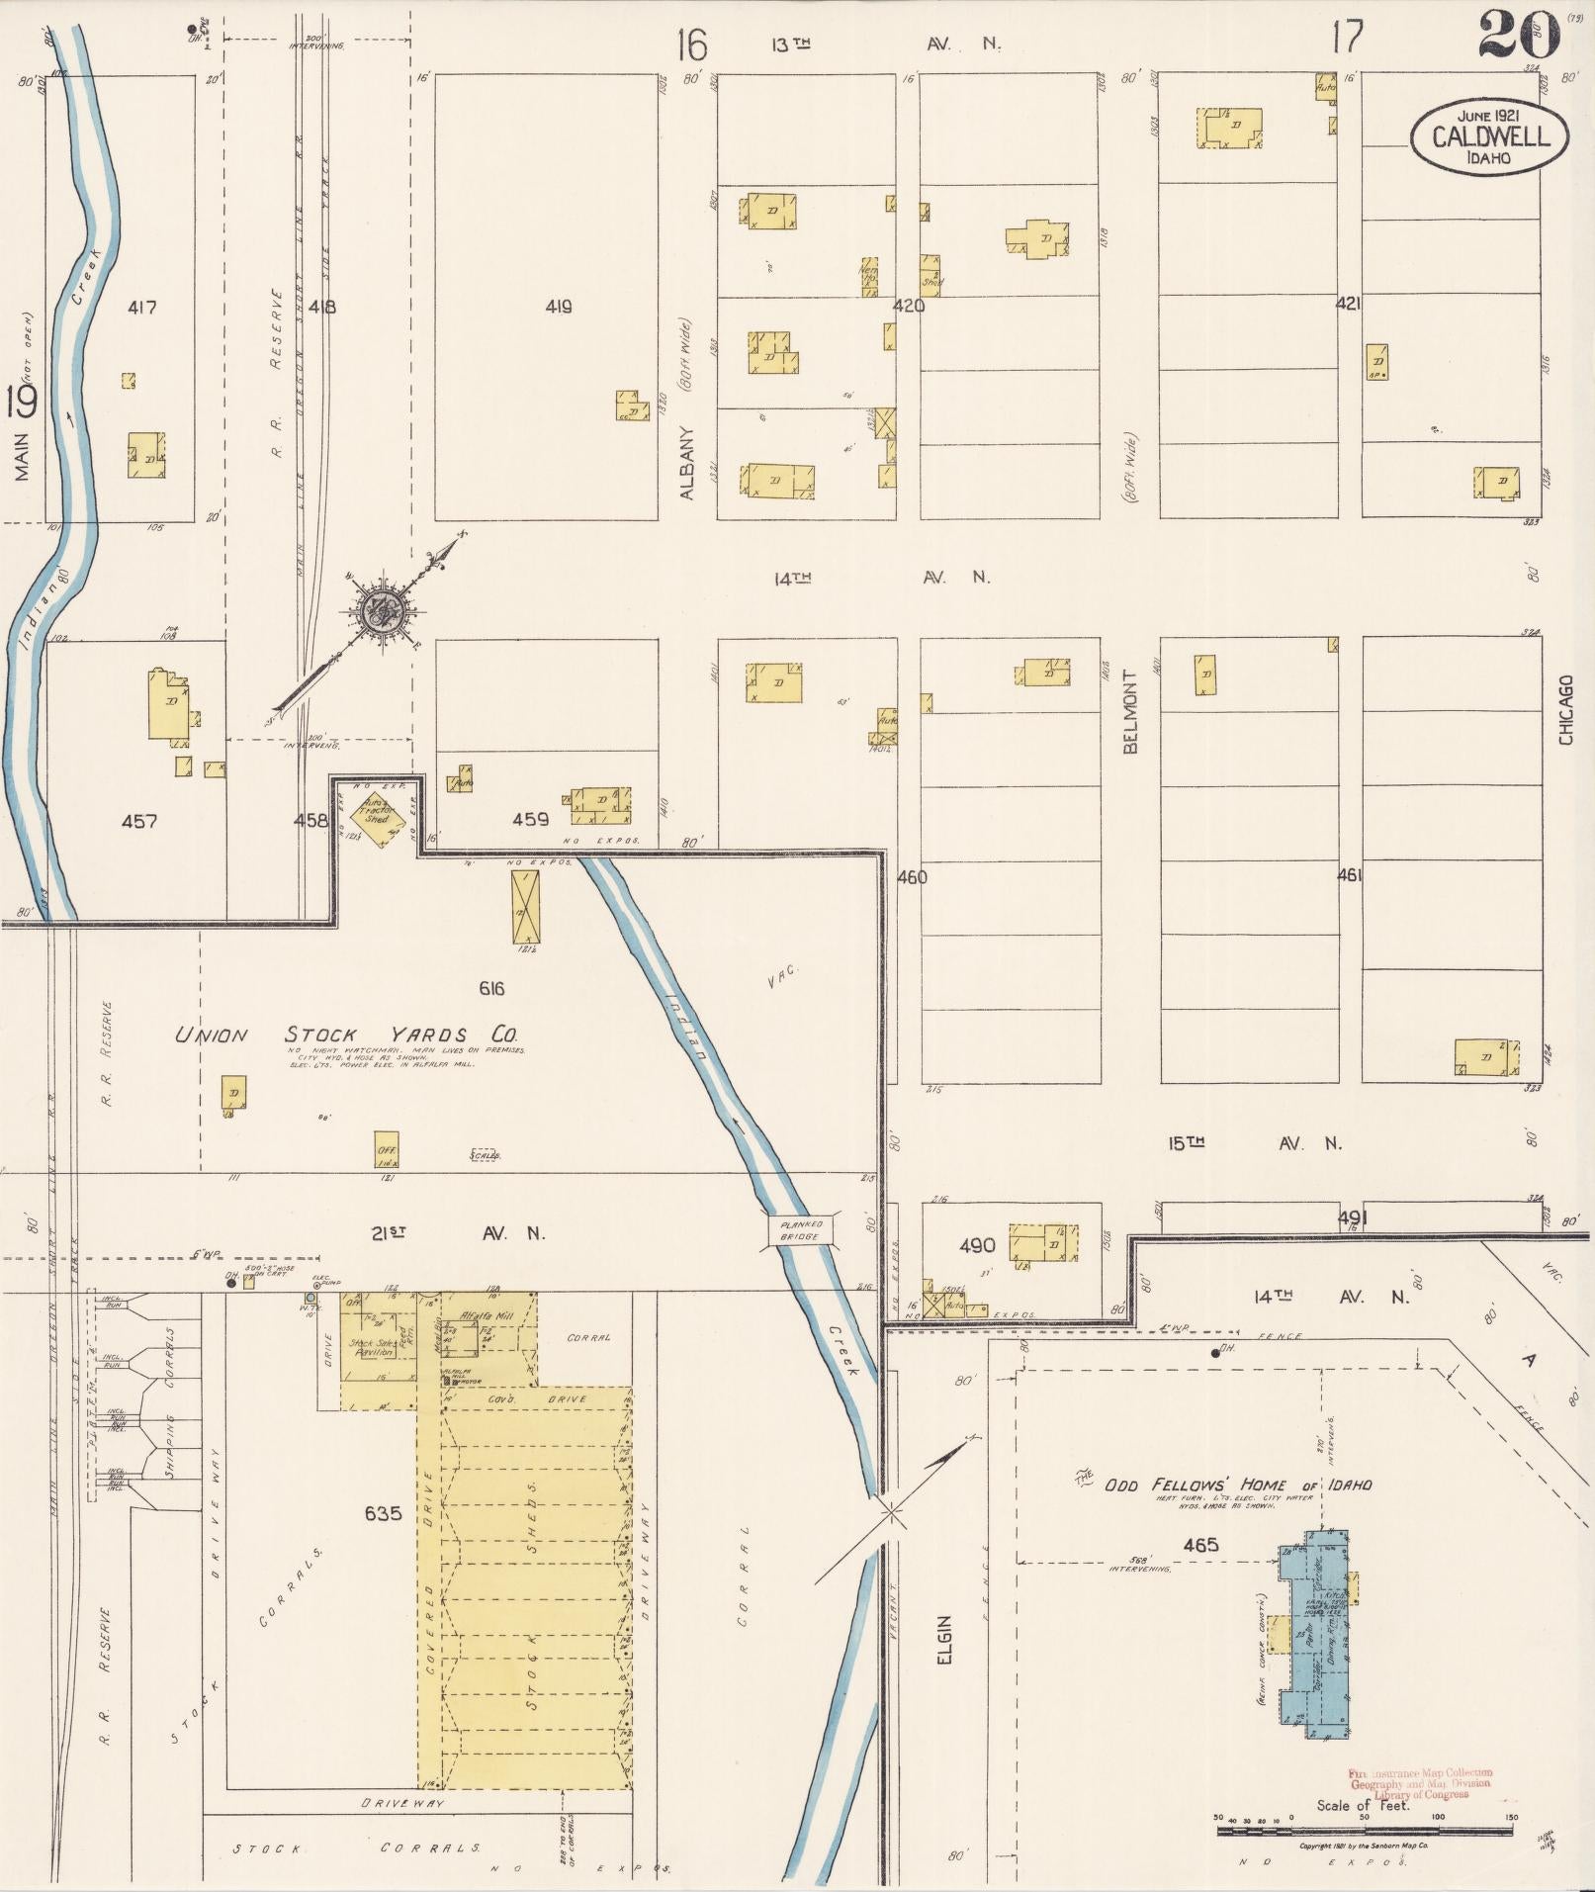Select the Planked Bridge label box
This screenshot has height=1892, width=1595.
pos(801,1230)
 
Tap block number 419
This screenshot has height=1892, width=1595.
pos(559,307)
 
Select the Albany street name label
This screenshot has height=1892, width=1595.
pos(689,462)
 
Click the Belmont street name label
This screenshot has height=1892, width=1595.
pos(1131,711)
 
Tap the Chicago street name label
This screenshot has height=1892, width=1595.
pos(1565,710)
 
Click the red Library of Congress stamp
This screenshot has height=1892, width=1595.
pos(1420,1783)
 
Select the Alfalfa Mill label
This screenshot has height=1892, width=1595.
pos(487,1315)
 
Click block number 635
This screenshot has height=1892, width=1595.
pos(383,1512)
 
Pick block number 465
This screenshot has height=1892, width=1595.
pos(1200,1544)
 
